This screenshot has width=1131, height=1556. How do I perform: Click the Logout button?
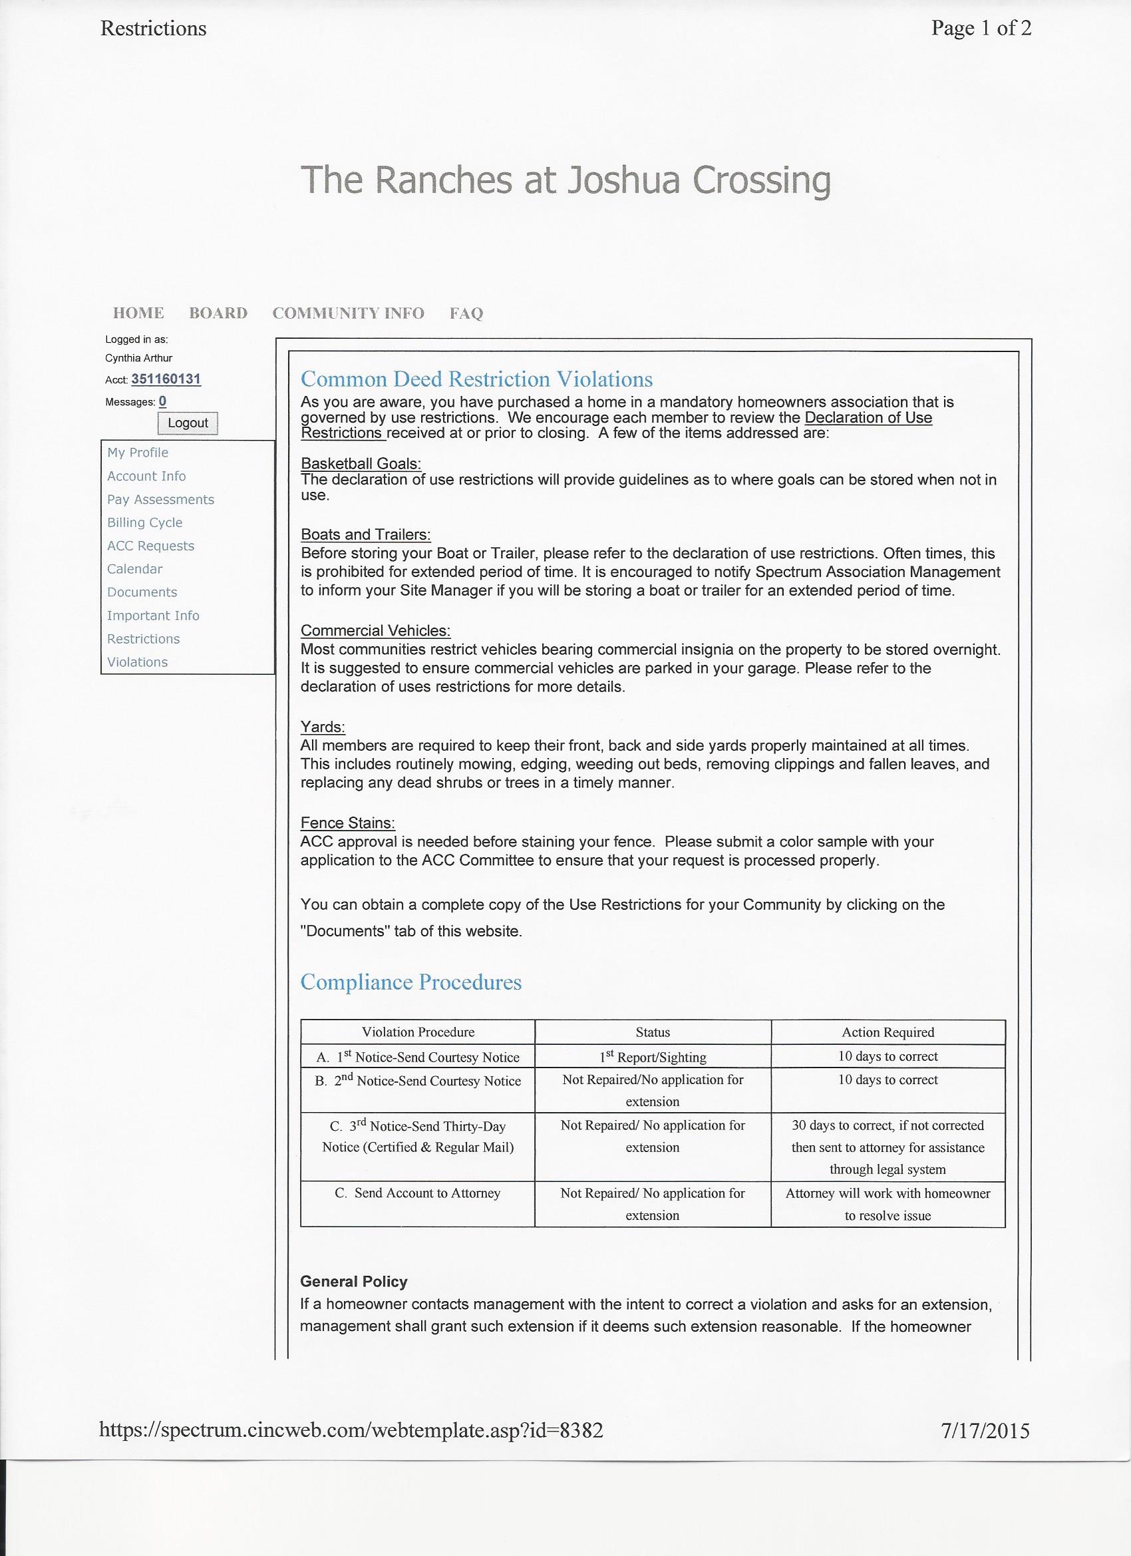[x=187, y=423]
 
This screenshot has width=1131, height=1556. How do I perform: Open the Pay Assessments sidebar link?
[x=160, y=499]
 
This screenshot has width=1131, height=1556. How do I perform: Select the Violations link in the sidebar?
[x=137, y=662]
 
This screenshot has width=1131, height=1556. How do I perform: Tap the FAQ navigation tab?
[x=466, y=313]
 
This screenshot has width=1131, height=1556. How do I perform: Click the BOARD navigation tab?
[x=218, y=313]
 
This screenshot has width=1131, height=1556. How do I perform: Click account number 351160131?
[x=166, y=379]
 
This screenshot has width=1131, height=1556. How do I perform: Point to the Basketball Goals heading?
[x=361, y=464]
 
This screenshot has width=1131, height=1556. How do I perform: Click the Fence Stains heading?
[x=348, y=823]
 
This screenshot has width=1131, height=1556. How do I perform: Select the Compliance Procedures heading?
[x=411, y=982]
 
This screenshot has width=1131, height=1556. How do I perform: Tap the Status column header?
[x=652, y=1032]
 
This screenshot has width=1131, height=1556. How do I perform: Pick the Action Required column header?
[x=888, y=1032]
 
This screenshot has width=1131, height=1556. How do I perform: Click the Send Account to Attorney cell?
[x=418, y=1193]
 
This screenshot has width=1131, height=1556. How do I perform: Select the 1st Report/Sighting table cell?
[x=652, y=1058]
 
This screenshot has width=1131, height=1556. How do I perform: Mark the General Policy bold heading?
[x=354, y=1282]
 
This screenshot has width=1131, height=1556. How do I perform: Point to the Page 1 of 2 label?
[x=981, y=28]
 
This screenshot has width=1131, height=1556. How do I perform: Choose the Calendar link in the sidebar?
[x=135, y=569]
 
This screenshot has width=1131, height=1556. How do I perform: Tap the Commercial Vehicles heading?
[x=376, y=630]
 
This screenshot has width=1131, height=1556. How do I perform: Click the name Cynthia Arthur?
[x=138, y=358]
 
